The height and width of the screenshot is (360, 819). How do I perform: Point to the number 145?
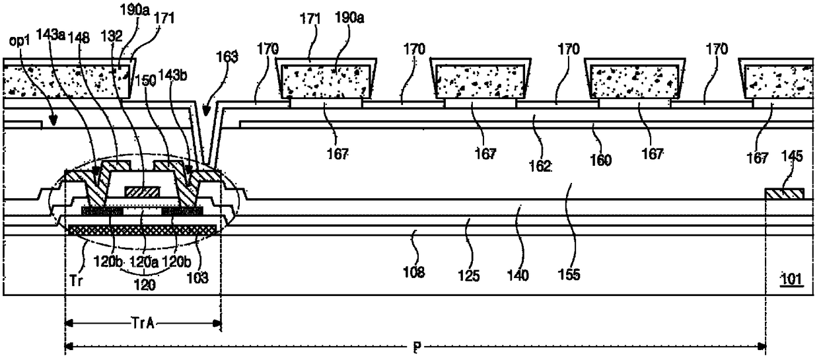pyautogui.click(x=793, y=157)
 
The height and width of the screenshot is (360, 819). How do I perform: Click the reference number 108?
pyautogui.click(x=417, y=271)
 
